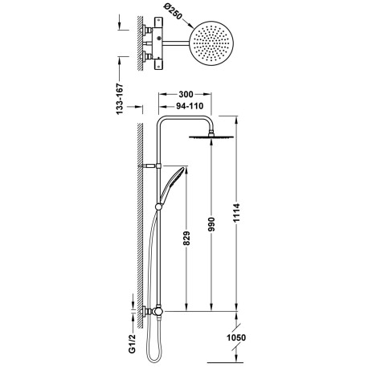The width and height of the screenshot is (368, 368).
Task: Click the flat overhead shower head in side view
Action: tap(212, 139)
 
